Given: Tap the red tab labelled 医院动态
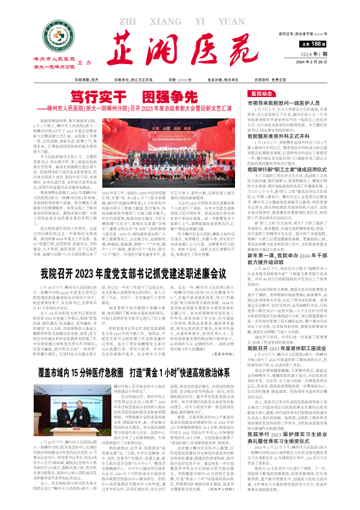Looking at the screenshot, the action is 293,93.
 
